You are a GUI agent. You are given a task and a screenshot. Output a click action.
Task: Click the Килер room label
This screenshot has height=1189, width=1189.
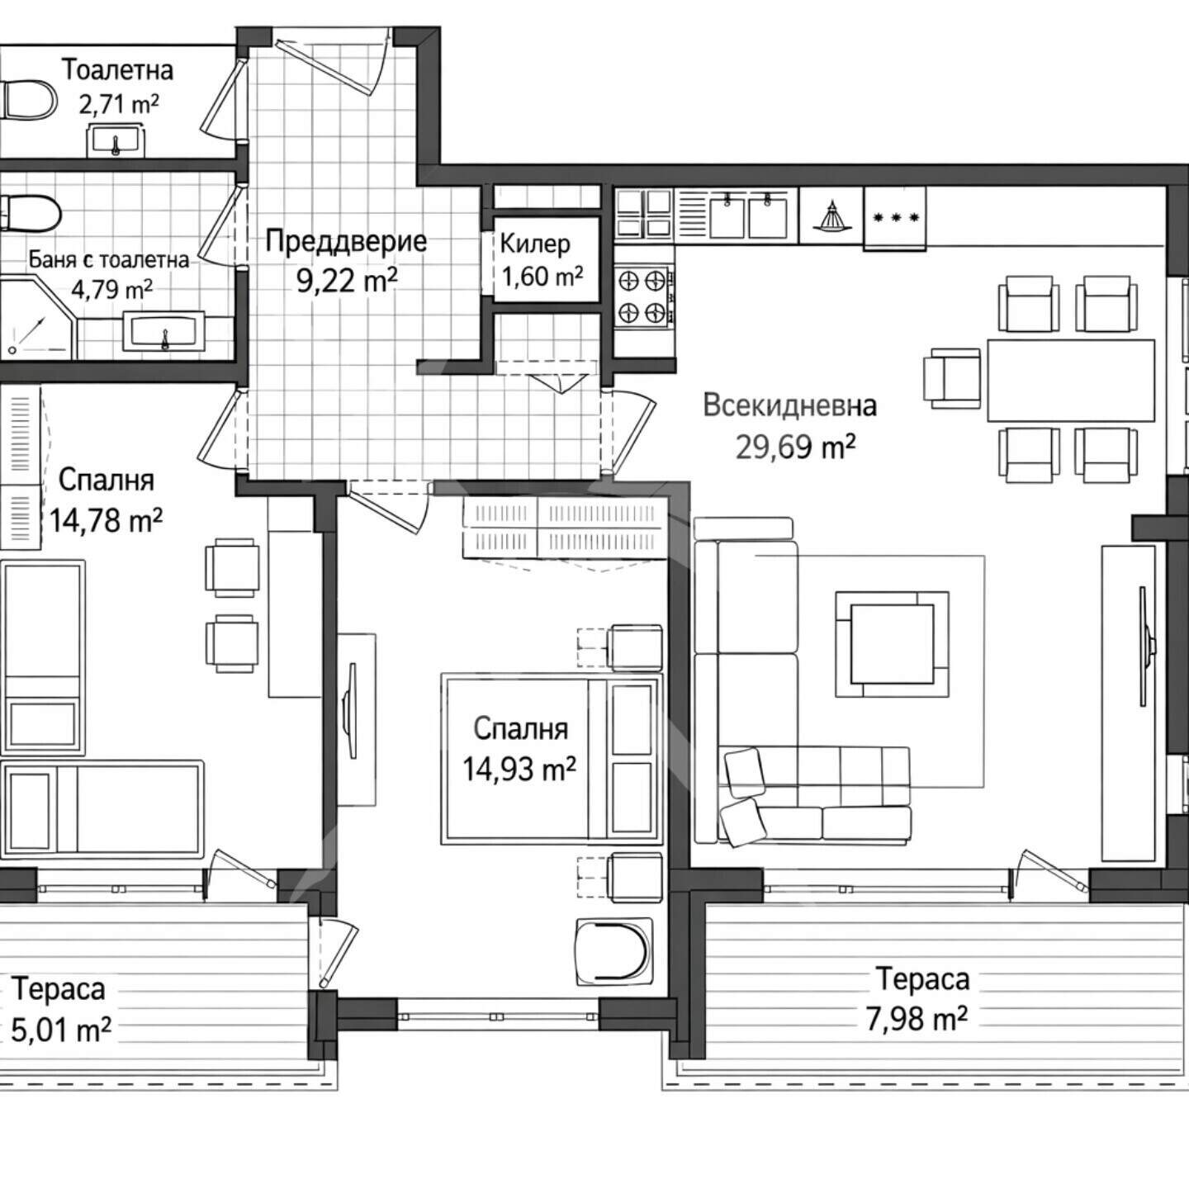535,244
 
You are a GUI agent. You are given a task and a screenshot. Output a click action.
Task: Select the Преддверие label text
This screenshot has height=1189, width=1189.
345,240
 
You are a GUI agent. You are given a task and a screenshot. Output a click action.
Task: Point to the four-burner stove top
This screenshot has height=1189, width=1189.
642,296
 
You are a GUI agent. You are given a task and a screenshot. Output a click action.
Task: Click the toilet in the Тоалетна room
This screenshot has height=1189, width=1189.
28,99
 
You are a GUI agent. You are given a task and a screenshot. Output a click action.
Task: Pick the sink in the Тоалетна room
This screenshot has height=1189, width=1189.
116,139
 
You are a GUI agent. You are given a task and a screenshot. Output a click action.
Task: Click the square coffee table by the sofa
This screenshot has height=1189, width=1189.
893,644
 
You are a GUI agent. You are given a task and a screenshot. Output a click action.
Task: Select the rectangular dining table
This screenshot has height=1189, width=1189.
1071,380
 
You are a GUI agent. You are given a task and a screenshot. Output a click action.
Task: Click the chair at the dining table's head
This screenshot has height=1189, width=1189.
952,379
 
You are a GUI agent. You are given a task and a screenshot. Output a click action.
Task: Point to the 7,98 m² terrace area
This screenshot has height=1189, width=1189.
917,1019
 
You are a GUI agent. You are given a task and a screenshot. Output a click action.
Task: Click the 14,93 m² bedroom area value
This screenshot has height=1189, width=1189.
519,769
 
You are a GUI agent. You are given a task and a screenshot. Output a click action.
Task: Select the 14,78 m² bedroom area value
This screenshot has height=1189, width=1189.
106,519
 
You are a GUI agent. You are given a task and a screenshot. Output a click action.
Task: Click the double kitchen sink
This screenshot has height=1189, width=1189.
748,214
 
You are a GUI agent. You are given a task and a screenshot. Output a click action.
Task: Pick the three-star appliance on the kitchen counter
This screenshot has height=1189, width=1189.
895,218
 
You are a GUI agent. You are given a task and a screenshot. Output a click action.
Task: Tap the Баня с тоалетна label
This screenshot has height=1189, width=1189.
109,260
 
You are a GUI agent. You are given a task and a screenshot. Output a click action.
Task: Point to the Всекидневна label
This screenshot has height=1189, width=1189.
790,406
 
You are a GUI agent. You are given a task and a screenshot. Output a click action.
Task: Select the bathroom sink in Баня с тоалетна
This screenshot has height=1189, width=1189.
164,331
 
